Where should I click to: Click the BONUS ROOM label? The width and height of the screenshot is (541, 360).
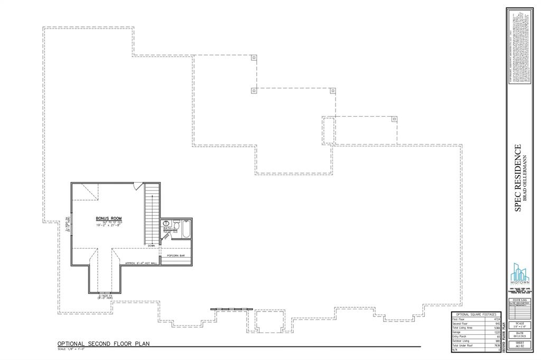(109, 218)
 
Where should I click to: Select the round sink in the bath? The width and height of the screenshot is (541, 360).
(167, 223)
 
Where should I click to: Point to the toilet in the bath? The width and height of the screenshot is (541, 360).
(176, 224)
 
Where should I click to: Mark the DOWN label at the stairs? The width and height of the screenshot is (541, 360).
(152, 246)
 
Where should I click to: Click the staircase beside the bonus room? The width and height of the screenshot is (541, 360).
(152, 213)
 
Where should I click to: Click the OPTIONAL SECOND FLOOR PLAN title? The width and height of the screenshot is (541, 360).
(104, 344)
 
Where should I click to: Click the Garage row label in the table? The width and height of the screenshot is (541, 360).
(456, 332)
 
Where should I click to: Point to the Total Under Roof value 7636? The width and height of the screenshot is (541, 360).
(496, 345)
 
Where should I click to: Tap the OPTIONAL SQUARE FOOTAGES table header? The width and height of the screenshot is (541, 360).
(475, 315)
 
